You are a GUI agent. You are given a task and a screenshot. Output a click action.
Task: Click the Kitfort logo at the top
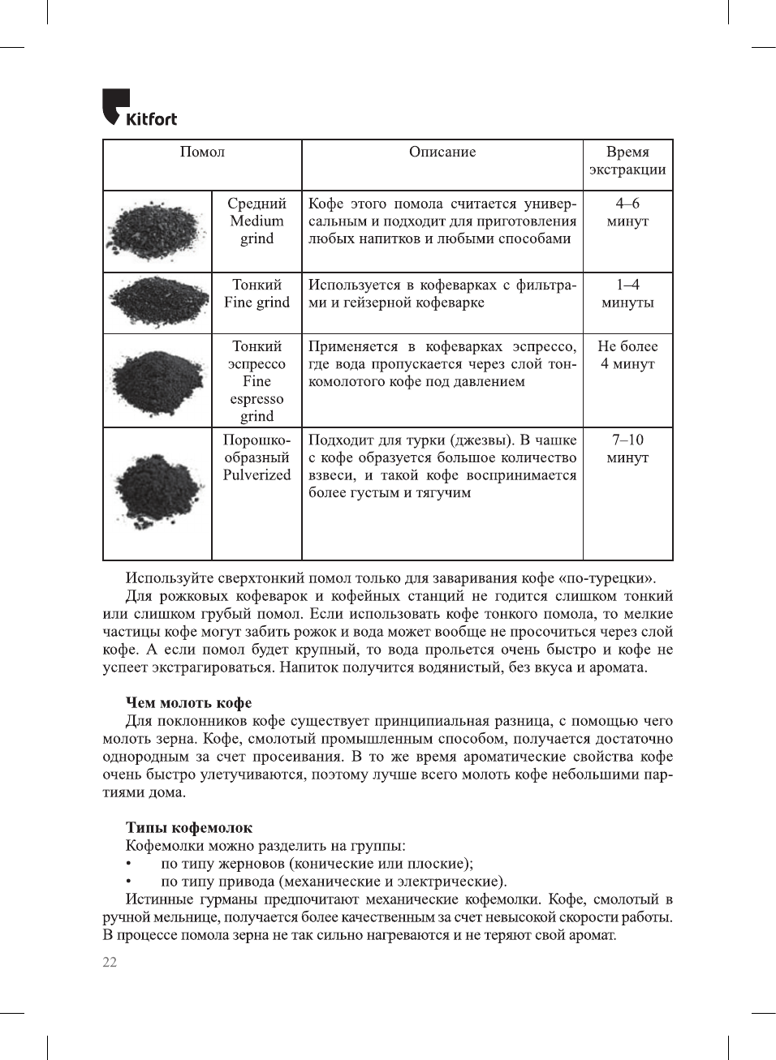(x=139, y=108)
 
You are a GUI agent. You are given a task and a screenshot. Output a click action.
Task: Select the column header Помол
(x=202, y=152)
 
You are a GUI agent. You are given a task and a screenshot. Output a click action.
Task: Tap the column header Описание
(x=442, y=152)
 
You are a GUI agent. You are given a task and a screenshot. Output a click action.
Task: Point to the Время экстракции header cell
(x=627, y=161)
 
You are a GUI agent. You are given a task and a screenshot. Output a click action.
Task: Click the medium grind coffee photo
(x=157, y=230)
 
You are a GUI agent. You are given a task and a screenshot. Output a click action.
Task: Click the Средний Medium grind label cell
(x=257, y=221)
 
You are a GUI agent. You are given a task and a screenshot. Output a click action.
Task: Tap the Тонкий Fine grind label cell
(x=257, y=294)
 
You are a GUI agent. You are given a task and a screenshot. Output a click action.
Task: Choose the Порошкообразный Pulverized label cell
(x=257, y=457)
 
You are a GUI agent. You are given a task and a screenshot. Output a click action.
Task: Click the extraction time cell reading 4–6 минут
(x=627, y=212)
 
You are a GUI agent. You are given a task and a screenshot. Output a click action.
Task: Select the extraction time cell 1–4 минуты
(x=627, y=294)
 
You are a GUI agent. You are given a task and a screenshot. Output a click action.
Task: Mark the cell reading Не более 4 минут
(x=627, y=355)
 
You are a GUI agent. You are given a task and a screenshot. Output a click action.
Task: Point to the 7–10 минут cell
(x=627, y=448)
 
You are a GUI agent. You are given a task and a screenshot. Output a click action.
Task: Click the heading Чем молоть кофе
(x=188, y=703)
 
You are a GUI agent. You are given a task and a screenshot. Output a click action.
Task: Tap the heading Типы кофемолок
(x=188, y=828)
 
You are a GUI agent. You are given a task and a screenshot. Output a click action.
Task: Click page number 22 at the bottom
(x=110, y=963)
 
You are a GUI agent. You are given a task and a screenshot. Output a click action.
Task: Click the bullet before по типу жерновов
(x=128, y=864)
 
